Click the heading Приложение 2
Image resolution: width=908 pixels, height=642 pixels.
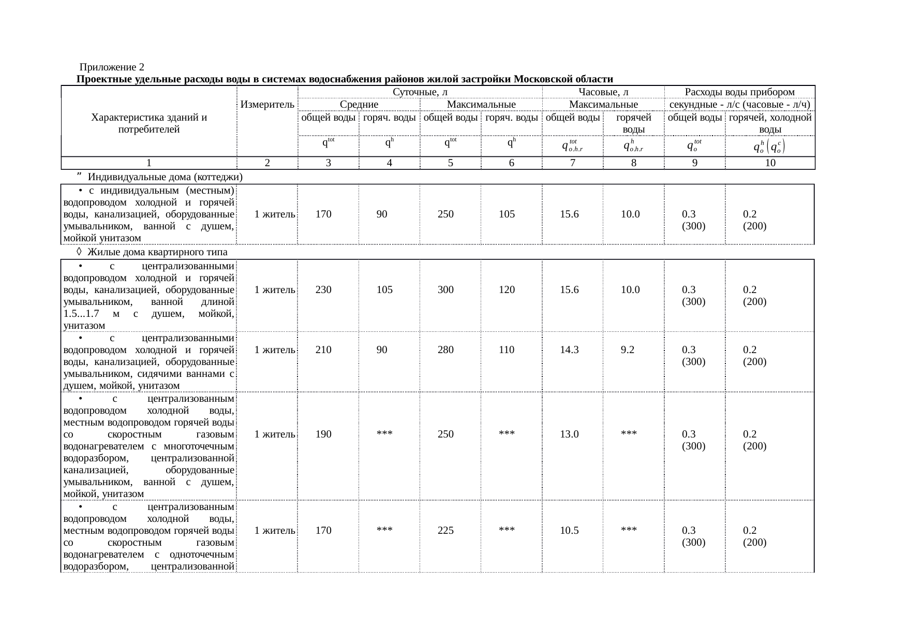pos(112,67)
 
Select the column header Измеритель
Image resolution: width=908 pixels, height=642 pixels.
pos(267,104)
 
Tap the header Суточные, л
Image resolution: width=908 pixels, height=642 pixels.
pos(420,92)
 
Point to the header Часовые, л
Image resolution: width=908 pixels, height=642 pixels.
pos(603,92)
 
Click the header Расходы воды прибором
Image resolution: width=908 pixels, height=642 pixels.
pos(739,92)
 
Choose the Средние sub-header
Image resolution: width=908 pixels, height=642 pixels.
pos(359,105)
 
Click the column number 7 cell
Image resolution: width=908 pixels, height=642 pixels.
pos(572,163)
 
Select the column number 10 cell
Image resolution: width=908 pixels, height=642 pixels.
pos(770,163)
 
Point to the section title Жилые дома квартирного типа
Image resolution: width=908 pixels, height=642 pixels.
pos(158,252)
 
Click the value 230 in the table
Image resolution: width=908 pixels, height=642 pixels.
pos(323,290)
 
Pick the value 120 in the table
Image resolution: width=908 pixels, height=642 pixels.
pos(507,290)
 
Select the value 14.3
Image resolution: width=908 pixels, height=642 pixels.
pos(569,349)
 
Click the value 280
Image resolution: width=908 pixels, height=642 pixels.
pos(445,349)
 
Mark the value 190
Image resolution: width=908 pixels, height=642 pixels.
pos(323,434)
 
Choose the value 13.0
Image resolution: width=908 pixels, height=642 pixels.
pos(569,434)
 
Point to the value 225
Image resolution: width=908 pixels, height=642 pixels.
pos(445,531)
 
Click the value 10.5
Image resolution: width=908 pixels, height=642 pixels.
pos(569,531)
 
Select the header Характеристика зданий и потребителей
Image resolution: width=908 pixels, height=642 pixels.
pos(149,124)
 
